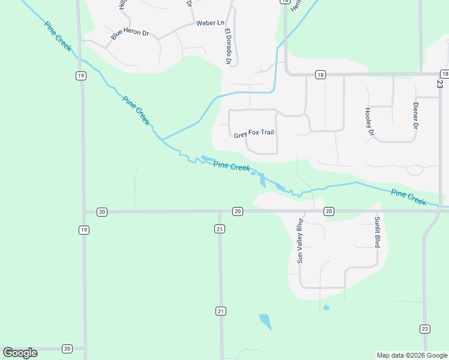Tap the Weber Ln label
point(209,23)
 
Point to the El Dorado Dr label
point(228,46)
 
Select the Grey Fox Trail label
point(254,134)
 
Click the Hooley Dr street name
point(369,121)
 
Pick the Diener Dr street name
point(415,116)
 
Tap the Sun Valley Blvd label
point(300,241)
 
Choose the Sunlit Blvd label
point(378,233)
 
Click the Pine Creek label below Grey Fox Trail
point(232,166)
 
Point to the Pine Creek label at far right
point(408,197)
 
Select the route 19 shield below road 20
point(83,230)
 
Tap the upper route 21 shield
point(220,229)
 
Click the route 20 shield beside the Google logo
point(67,349)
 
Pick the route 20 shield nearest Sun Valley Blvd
point(328,211)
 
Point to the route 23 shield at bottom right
point(424,328)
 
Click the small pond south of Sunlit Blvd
point(326,308)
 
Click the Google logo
point(20,353)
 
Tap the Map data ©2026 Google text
point(412,355)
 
